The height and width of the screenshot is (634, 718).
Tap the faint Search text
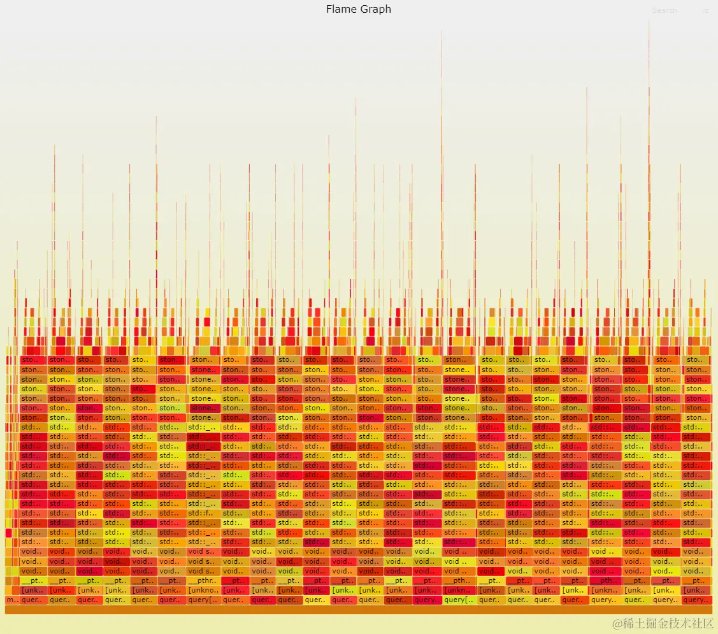(x=664, y=10)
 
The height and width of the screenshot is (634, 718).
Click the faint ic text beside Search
(x=705, y=10)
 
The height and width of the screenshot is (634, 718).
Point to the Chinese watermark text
(x=669, y=623)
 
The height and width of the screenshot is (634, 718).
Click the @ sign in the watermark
(x=616, y=624)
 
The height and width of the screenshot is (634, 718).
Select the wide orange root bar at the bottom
(x=358, y=610)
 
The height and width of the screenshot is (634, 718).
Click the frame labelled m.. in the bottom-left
(x=11, y=600)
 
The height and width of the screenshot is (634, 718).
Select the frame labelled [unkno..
(x=203, y=591)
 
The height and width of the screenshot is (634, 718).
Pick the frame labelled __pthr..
(x=203, y=581)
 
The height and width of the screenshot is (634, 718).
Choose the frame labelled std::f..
(x=203, y=514)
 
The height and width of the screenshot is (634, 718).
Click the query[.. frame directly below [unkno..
(x=203, y=600)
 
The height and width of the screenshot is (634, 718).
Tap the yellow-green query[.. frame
(x=459, y=600)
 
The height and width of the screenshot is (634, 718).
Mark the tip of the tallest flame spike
(x=649, y=22)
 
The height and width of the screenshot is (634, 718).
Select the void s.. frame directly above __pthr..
(x=203, y=572)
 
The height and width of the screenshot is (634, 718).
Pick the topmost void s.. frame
(x=203, y=552)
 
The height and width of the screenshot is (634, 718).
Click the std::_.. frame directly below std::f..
(x=203, y=523)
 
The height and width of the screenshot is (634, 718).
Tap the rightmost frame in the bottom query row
(x=696, y=600)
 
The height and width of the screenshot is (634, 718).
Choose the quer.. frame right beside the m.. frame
(x=33, y=600)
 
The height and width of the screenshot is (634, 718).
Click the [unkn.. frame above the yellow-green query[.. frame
(x=459, y=591)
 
